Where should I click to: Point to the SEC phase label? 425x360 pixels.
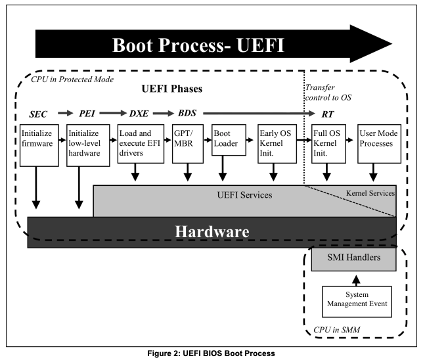39,112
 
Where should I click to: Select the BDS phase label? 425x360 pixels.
187,112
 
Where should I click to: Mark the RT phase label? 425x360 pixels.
324,112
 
